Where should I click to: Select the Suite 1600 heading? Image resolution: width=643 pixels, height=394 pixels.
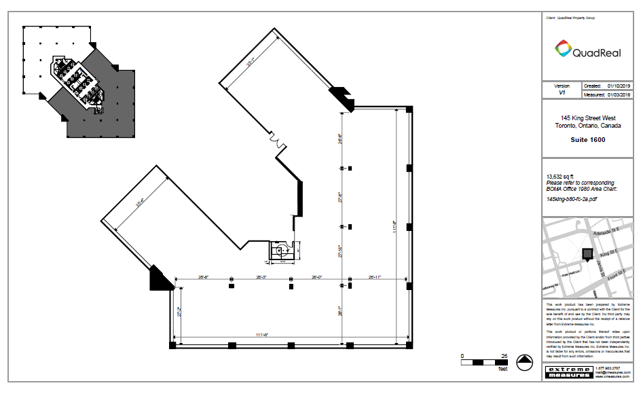pyautogui.click(x=588, y=141)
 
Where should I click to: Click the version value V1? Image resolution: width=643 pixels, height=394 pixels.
pyautogui.click(x=562, y=93)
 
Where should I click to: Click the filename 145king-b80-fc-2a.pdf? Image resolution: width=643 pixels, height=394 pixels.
pyautogui.click(x=572, y=199)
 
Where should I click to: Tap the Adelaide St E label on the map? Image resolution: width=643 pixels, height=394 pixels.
pyautogui.click(x=607, y=232)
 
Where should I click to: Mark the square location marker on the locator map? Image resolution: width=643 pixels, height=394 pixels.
pyautogui.click(x=586, y=253)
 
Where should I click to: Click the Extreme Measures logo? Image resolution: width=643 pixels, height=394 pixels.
pyautogui.click(x=568, y=373)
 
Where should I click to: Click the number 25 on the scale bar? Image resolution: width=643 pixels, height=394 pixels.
pyautogui.click(x=504, y=356)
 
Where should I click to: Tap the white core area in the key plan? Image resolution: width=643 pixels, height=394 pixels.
pyautogui.click(x=78, y=78)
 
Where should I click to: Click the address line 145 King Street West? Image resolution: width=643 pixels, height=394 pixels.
pyautogui.click(x=588, y=118)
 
